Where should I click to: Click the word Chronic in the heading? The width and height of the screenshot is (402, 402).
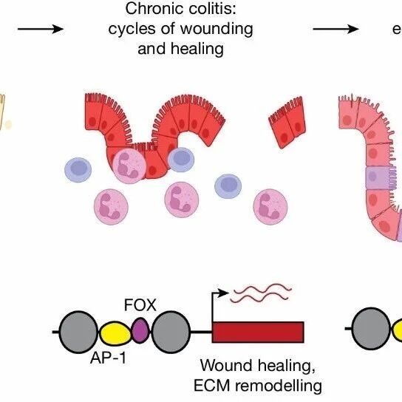click(x=154, y=9)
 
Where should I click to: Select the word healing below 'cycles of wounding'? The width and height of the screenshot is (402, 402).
click(x=197, y=49)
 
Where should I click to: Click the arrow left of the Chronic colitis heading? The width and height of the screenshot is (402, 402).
click(x=40, y=29)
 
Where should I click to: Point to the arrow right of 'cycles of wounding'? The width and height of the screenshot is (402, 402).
click(x=335, y=29)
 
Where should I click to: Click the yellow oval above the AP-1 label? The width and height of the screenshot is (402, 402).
click(x=115, y=333)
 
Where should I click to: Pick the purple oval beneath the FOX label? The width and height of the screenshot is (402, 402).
click(x=140, y=330)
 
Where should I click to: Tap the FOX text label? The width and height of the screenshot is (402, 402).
click(x=140, y=305)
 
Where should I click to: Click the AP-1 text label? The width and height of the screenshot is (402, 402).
click(x=108, y=358)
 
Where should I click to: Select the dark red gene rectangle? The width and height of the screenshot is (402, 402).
click(x=258, y=332)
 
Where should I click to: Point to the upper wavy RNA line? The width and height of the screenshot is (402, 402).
click(x=263, y=289)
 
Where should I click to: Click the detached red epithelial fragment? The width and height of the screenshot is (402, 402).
click(x=287, y=123)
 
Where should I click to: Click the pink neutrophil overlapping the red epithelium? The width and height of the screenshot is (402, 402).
click(x=129, y=166)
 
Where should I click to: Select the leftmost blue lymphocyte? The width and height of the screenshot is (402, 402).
click(x=78, y=170)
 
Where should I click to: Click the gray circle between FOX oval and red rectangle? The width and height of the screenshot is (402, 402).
click(x=171, y=332)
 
